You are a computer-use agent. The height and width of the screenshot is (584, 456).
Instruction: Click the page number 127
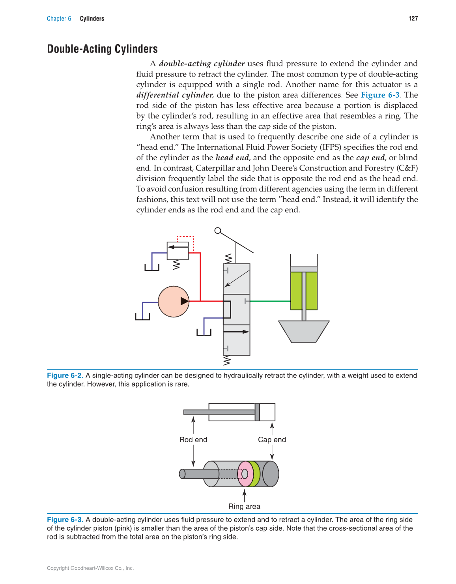tap(413, 19)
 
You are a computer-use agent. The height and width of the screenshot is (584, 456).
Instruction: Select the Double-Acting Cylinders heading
tap(102, 49)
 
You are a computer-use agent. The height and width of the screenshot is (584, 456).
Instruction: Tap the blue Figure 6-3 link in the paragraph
tap(380, 95)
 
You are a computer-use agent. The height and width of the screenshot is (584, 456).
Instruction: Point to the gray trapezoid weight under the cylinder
tap(304, 331)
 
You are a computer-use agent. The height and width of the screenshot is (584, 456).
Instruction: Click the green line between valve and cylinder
tap(270, 301)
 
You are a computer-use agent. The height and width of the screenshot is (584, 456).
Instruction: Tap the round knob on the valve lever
tap(218, 231)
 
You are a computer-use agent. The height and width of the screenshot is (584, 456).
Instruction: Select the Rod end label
tap(193, 440)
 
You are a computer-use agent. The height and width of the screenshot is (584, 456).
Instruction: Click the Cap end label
tap(272, 440)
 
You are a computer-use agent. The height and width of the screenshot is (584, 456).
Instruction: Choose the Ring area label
tap(244, 507)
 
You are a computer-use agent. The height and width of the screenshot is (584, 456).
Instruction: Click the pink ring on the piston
tap(245, 474)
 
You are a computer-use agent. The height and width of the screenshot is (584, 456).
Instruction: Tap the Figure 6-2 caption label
tap(65, 376)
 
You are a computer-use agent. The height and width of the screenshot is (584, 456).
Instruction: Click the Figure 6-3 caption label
tap(65, 520)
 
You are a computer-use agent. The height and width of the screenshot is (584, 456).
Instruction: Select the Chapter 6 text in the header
tap(59, 19)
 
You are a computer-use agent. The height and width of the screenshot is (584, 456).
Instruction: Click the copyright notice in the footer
tap(90, 568)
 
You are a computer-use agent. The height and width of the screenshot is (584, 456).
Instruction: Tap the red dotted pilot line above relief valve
tap(185, 237)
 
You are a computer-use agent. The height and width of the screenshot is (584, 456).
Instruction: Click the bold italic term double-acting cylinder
tap(202, 64)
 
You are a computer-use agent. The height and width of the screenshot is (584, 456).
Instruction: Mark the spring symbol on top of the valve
tap(228, 259)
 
